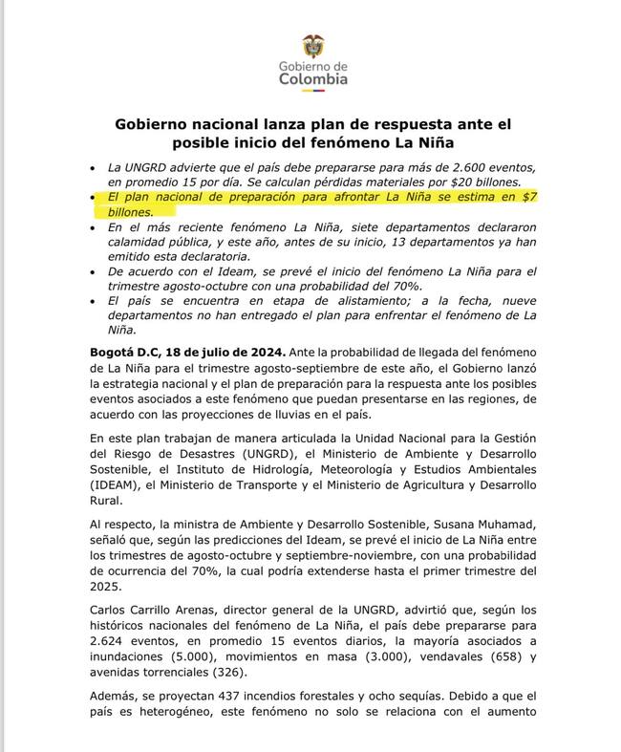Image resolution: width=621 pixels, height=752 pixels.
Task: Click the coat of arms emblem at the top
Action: pos(312,45)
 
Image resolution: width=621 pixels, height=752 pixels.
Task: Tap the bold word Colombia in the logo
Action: pos(313,79)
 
